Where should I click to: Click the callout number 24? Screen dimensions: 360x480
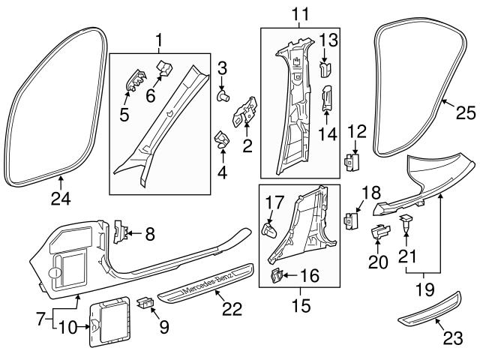click(60, 199)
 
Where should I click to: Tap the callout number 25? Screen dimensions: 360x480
click(465, 112)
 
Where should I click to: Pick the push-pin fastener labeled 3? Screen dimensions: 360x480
click(223, 96)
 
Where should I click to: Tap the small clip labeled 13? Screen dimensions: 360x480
click(325, 69)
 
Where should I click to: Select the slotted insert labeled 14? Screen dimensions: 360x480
click(328, 98)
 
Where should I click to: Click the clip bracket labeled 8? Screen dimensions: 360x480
click(119, 232)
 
